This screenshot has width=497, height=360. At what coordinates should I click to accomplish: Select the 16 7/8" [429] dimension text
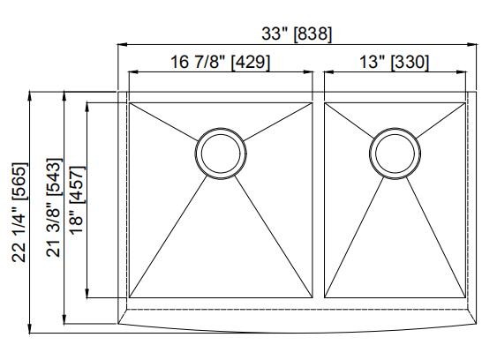click(220, 62)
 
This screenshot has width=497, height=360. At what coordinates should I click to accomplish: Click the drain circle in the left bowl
click(219, 153)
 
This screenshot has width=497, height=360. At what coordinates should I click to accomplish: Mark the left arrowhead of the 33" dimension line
click(123, 44)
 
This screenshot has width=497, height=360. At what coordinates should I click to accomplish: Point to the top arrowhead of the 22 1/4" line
click(32, 94)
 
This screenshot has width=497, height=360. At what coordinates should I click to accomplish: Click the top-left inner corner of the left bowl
click(131, 104)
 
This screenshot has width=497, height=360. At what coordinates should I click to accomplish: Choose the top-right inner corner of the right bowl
click(465, 104)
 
